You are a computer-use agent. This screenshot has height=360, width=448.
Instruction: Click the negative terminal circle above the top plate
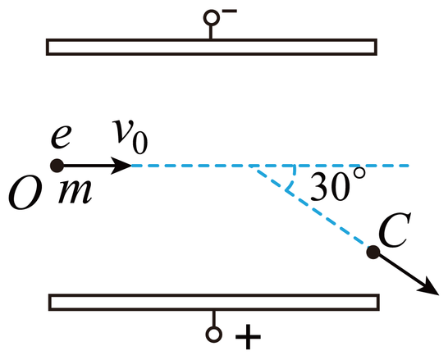click(x=212, y=18)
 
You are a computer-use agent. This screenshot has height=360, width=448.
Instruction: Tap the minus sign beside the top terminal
click(x=230, y=11)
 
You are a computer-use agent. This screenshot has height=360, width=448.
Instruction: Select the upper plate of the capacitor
click(x=212, y=47)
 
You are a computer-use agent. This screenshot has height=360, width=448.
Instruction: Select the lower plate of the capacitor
click(x=214, y=302)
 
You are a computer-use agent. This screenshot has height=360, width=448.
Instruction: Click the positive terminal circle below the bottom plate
click(x=213, y=334)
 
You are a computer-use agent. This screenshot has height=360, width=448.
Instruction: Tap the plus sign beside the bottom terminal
click(x=248, y=337)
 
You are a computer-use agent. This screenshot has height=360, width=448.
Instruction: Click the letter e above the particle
click(x=62, y=137)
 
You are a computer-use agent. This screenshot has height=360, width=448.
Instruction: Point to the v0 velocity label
click(x=130, y=136)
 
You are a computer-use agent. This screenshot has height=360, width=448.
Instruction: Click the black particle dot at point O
click(x=57, y=166)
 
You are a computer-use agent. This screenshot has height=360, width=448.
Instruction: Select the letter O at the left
click(x=25, y=195)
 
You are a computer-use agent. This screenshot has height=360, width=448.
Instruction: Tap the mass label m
click(x=75, y=192)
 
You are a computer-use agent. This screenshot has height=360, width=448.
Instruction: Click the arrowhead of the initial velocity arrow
click(x=121, y=166)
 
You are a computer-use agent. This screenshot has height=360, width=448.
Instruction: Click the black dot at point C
click(x=373, y=252)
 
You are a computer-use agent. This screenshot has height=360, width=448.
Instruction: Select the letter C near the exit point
click(x=395, y=230)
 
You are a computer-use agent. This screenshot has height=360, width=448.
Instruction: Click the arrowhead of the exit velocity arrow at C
click(x=429, y=287)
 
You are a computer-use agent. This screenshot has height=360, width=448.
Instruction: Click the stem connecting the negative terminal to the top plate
click(x=211, y=32)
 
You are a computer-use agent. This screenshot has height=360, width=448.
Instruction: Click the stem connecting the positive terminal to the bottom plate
click(x=213, y=318)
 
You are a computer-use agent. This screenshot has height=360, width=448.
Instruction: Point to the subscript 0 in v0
click(x=140, y=144)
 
